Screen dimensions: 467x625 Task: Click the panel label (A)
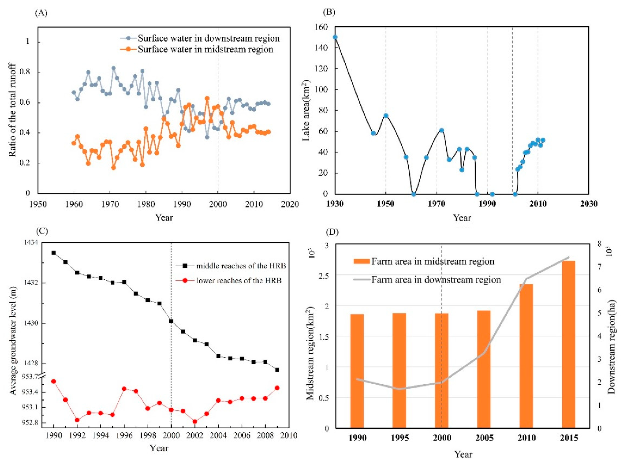click(41, 13)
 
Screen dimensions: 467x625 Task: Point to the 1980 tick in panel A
click(146, 204)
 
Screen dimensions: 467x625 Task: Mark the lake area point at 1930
click(335, 37)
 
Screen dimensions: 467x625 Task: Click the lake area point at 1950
click(386, 116)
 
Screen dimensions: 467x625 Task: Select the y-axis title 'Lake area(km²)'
click(306, 110)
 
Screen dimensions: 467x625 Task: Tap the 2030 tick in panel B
click(589, 204)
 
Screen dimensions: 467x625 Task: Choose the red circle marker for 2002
click(195, 422)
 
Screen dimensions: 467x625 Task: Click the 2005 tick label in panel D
click(484, 438)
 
